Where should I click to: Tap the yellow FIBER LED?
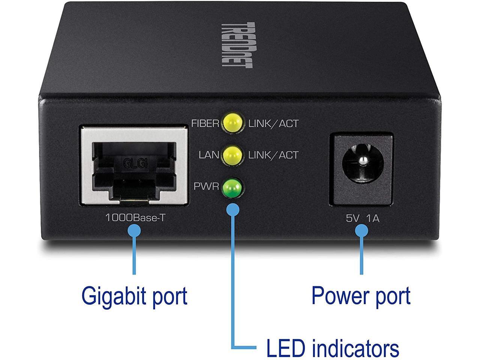pyautogui.click(x=232, y=123)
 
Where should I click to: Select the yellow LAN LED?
pyautogui.click(x=232, y=154)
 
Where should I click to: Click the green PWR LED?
pyautogui.click(x=232, y=186)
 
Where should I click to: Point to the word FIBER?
pyautogui.click(x=205, y=123)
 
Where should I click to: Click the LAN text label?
pyautogui.click(x=209, y=154)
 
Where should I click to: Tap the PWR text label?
pyautogui.click(x=206, y=186)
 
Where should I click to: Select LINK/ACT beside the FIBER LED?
pyautogui.click(x=273, y=123)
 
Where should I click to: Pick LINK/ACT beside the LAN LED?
pyautogui.click(x=273, y=154)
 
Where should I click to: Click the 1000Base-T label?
pyautogui.click(x=135, y=217)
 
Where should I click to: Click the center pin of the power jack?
pyautogui.click(x=362, y=161)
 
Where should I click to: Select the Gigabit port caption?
pyautogui.click(x=134, y=296)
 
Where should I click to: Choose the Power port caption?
pyautogui.click(x=361, y=296)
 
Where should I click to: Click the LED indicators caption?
pyautogui.click(x=332, y=348)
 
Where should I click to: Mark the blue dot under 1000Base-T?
pyautogui.click(x=134, y=231)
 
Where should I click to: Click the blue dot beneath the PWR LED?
pyautogui.click(x=233, y=209)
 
